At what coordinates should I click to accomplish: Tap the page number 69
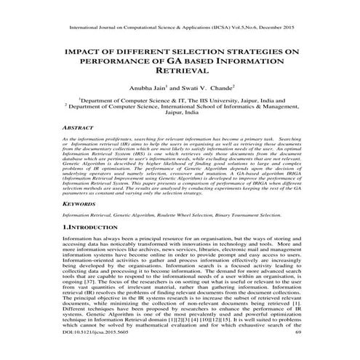pyautogui.click(x=297, y=352)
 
